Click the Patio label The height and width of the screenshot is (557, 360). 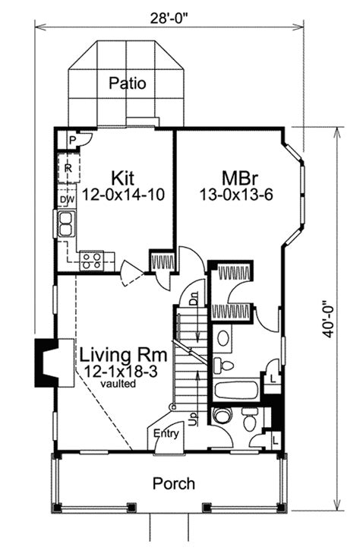[127, 83]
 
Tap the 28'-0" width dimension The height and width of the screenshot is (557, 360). [169, 18]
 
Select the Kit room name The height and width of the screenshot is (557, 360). [123, 178]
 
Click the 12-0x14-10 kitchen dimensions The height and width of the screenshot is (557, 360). [123, 195]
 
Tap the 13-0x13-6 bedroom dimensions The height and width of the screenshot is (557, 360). [235, 195]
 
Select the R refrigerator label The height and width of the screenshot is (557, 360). [68, 169]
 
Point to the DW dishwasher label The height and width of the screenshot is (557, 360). [67, 200]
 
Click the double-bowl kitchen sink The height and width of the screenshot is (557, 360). [66, 224]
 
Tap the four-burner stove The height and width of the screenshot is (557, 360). [92, 261]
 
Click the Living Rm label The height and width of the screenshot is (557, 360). [123, 355]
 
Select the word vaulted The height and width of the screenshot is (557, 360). [118, 384]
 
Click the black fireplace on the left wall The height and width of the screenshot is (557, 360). [46, 362]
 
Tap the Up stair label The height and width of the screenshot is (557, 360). [194, 419]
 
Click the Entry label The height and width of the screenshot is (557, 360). [166, 434]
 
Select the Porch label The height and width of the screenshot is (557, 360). [174, 483]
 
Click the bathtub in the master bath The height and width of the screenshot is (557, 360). [236, 390]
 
